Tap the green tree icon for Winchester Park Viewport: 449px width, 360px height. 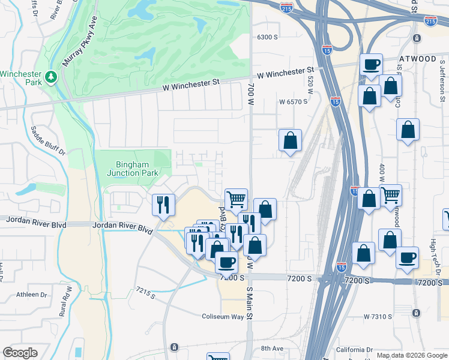[x=52, y=76]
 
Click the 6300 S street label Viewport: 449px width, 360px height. [x=267, y=37]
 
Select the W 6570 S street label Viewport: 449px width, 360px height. [x=293, y=102]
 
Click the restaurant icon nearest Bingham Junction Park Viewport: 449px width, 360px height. [x=163, y=204]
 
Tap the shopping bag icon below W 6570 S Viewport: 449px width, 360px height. [x=290, y=141]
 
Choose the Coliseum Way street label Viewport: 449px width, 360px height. [x=223, y=316]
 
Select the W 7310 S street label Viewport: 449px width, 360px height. [x=382, y=316]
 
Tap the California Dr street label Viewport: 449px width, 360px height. [x=354, y=350]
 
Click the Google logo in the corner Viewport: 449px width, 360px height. [x=20, y=353]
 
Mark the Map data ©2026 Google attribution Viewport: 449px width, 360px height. [x=411, y=355]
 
